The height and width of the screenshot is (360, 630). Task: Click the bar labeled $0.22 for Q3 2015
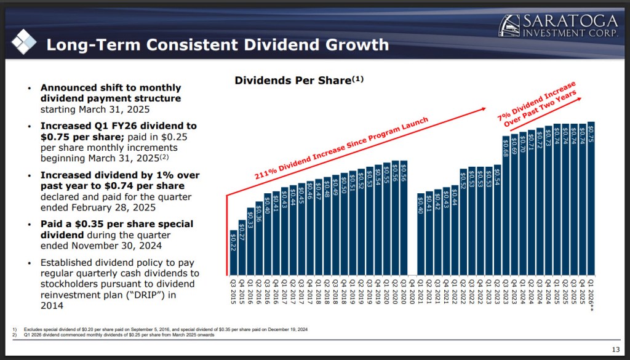pyautogui.click(x=233, y=252)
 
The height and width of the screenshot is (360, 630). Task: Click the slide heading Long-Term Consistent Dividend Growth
pyautogui.click(x=218, y=45)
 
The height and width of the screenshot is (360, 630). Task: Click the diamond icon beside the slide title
pyautogui.click(x=24, y=41)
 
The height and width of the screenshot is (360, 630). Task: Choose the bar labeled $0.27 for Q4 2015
pyautogui.click(x=242, y=247)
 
